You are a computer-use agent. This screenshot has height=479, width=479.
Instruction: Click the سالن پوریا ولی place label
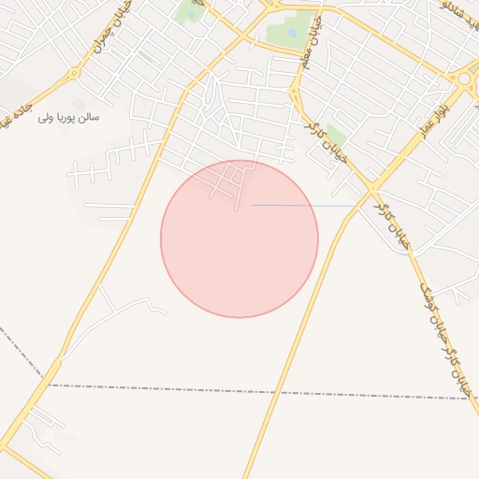[x=68, y=119]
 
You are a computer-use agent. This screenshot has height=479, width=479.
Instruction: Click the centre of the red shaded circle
[x=239, y=239]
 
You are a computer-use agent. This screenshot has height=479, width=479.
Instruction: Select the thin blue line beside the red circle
[x=305, y=205]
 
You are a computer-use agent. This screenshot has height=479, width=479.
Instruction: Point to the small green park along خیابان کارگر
[x=336, y=138]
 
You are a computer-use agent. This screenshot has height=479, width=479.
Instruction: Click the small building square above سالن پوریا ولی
[x=79, y=102]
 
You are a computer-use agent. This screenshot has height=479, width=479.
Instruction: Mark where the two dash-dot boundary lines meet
[x=47, y=384]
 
